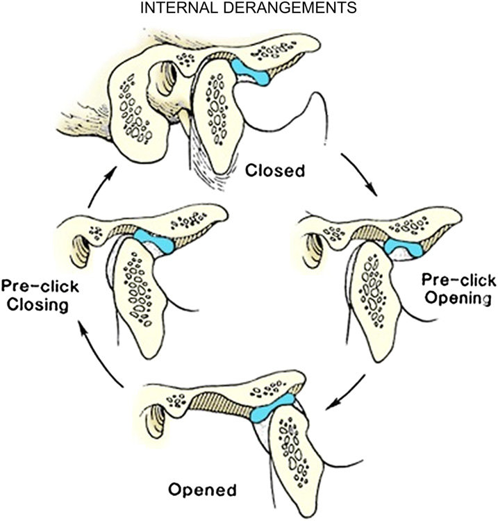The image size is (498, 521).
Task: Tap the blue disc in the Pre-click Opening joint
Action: point(404,245)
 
